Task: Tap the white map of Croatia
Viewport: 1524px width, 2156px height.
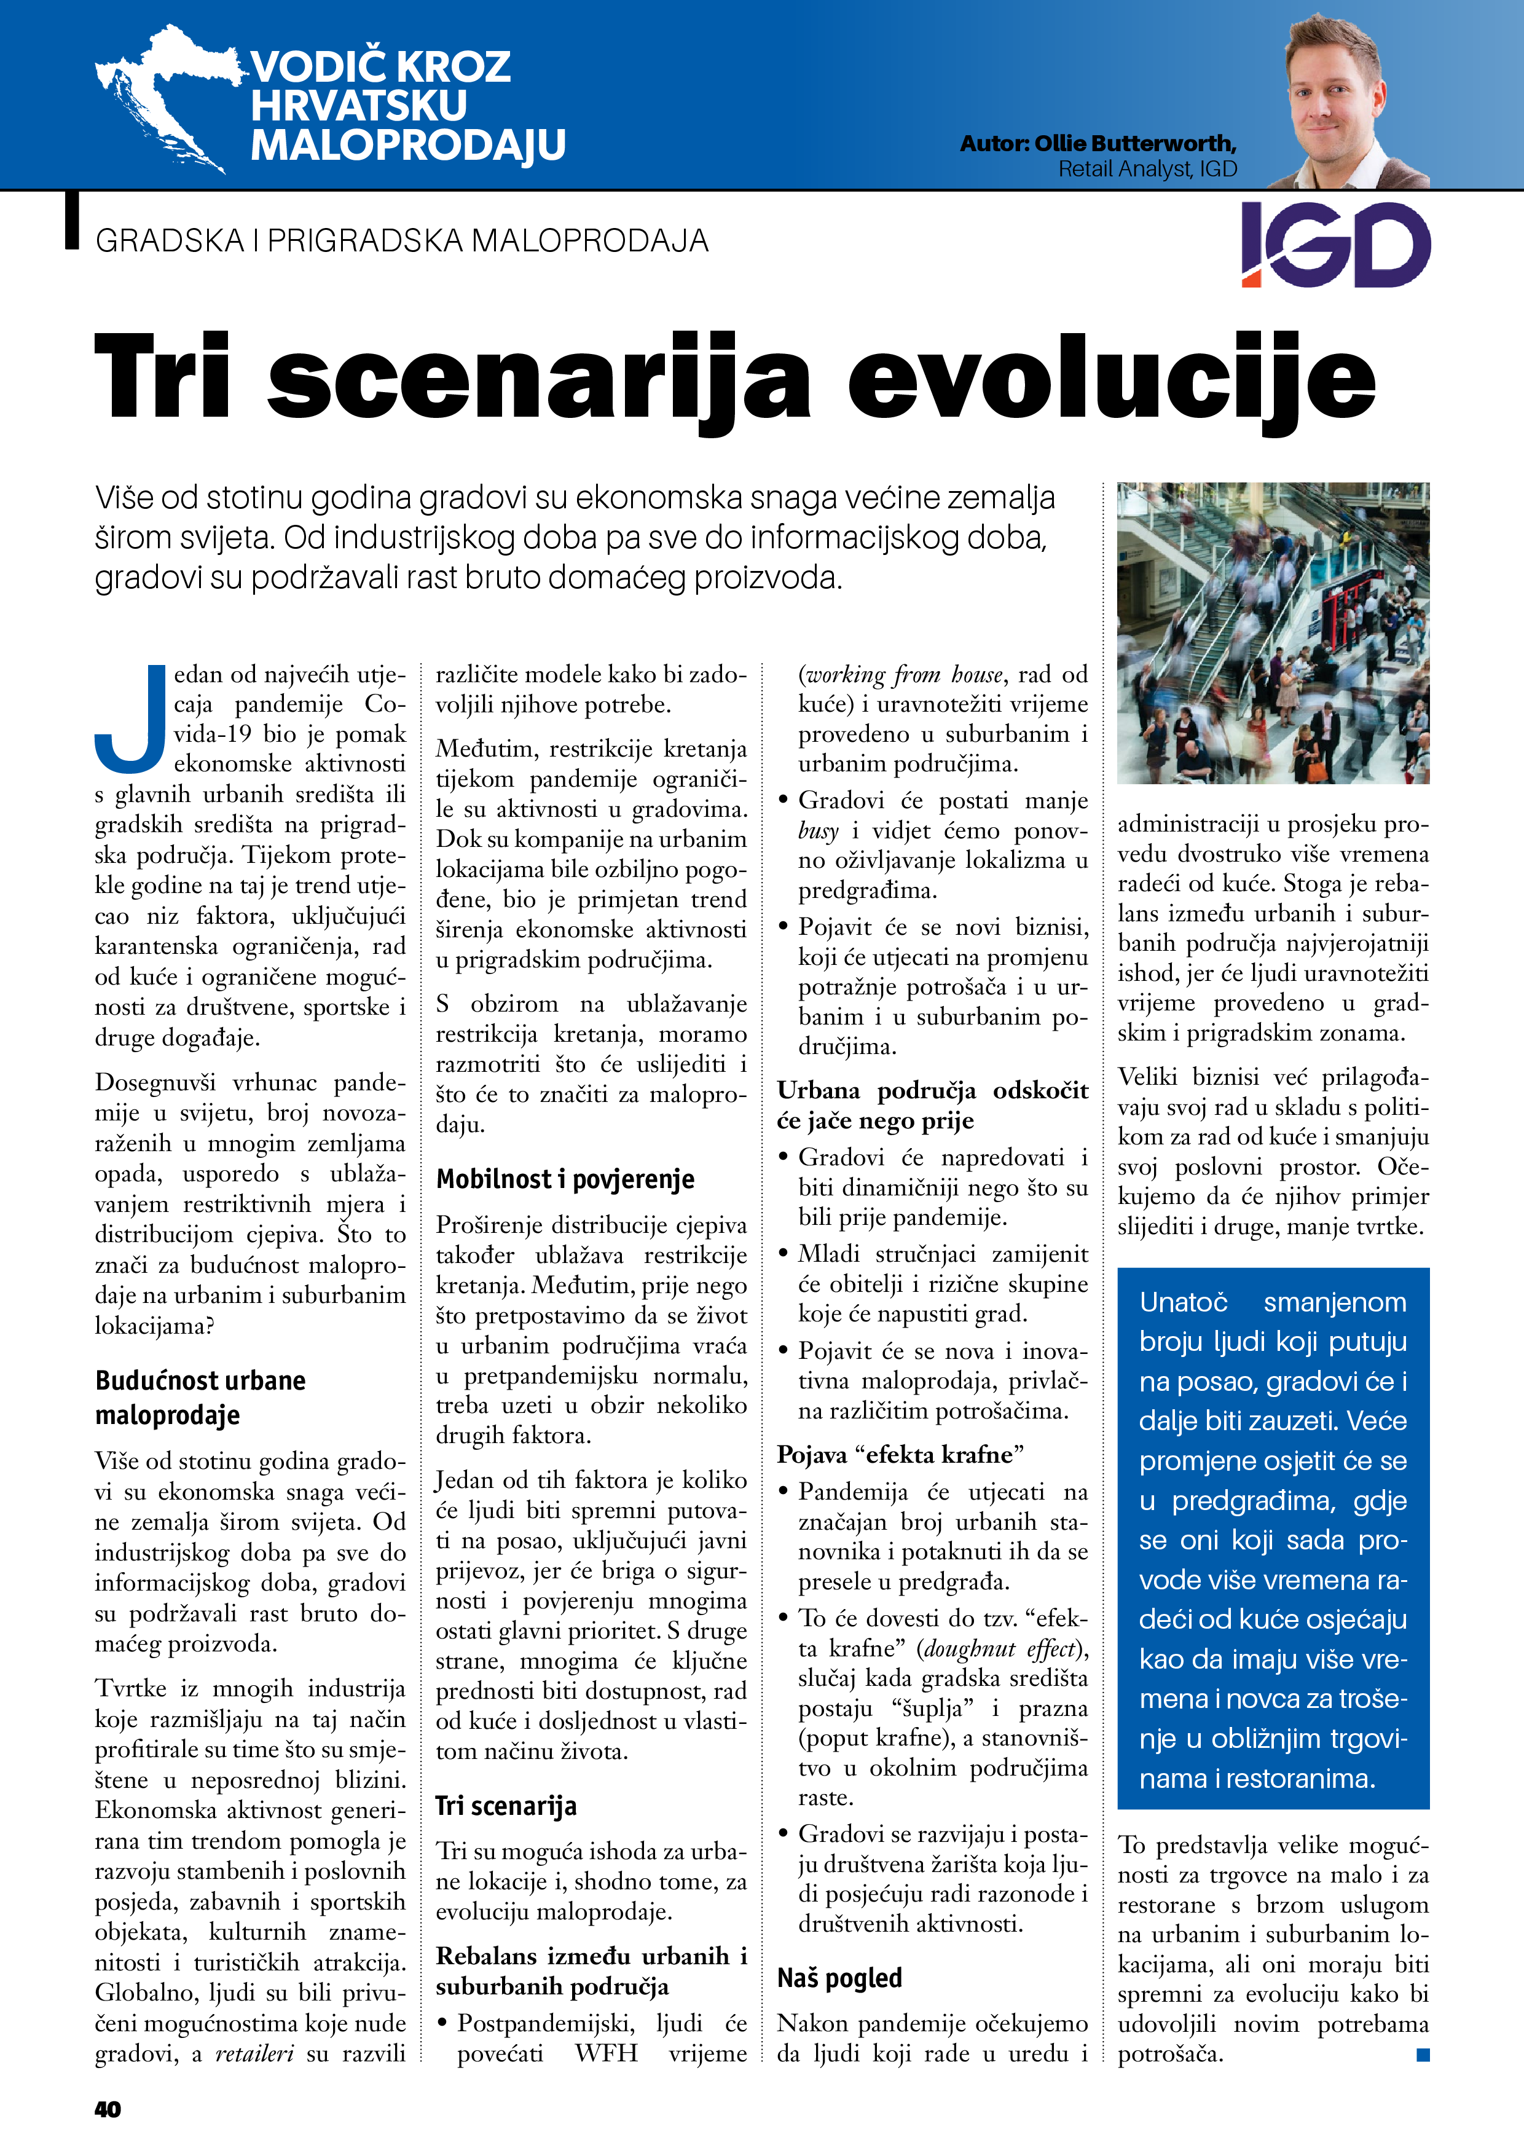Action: [x=164, y=94]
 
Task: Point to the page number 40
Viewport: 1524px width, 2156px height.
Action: [x=108, y=2108]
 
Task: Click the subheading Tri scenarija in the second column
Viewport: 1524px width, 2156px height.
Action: [x=506, y=1805]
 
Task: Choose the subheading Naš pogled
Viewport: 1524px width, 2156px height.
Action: [x=839, y=1978]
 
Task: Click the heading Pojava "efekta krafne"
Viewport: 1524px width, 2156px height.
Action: [x=900, y=1455]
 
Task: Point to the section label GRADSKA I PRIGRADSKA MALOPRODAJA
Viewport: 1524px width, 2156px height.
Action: [x=402, y=242]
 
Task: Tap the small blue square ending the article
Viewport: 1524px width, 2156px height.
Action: [x=1423, y=2055]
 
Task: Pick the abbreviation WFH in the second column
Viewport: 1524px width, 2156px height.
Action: [x=606, y=2053]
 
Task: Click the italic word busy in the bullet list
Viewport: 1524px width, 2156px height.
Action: [x=819, y=831]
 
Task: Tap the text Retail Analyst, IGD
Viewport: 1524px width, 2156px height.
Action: [x=1147, y=169]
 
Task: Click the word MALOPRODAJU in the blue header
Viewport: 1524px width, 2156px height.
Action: [x=407, y=144]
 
